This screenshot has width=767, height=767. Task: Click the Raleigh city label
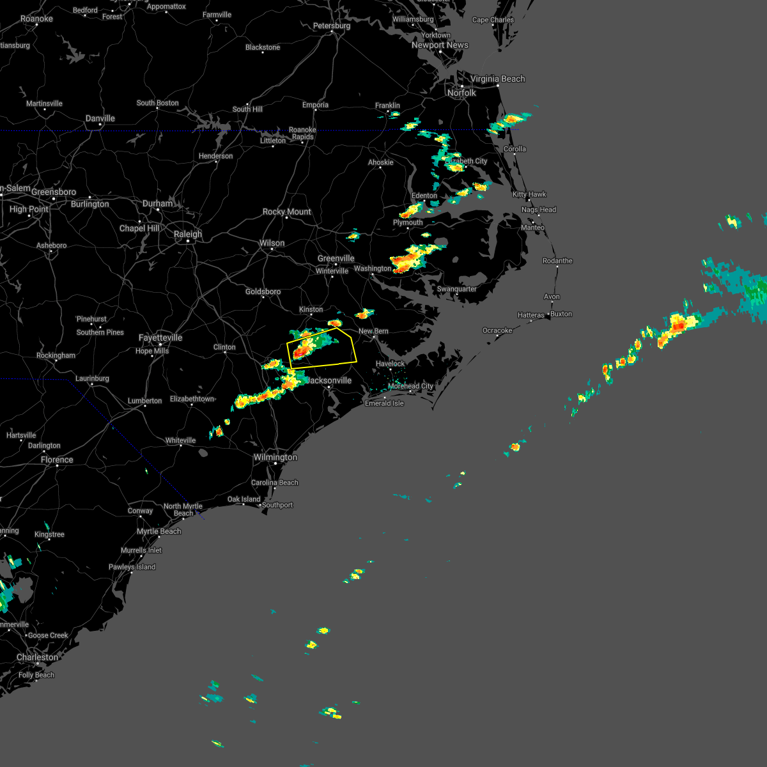(187, 235)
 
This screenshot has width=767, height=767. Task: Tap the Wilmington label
(275, 458)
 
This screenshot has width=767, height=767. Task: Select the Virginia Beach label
(497, 79)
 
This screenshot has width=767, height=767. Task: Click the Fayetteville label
(160, 337)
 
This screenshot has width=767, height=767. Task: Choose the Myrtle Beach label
(159, 532)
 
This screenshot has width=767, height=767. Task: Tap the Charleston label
(37, 658)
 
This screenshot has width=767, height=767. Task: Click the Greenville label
(336, 259)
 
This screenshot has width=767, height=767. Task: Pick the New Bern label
(373, 331)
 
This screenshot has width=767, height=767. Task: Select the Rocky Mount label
(286, 212)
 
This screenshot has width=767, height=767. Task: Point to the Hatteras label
(531, 315)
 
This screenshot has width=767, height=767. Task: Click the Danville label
(100, 118)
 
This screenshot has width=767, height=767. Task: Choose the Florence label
(57, 460)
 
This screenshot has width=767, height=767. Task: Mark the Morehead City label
(410, 386)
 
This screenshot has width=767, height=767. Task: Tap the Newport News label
(440, 45)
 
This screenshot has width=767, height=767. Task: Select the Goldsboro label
(263, 292)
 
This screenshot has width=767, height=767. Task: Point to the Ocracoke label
(497, 330)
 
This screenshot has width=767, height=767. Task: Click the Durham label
(157, 204)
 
